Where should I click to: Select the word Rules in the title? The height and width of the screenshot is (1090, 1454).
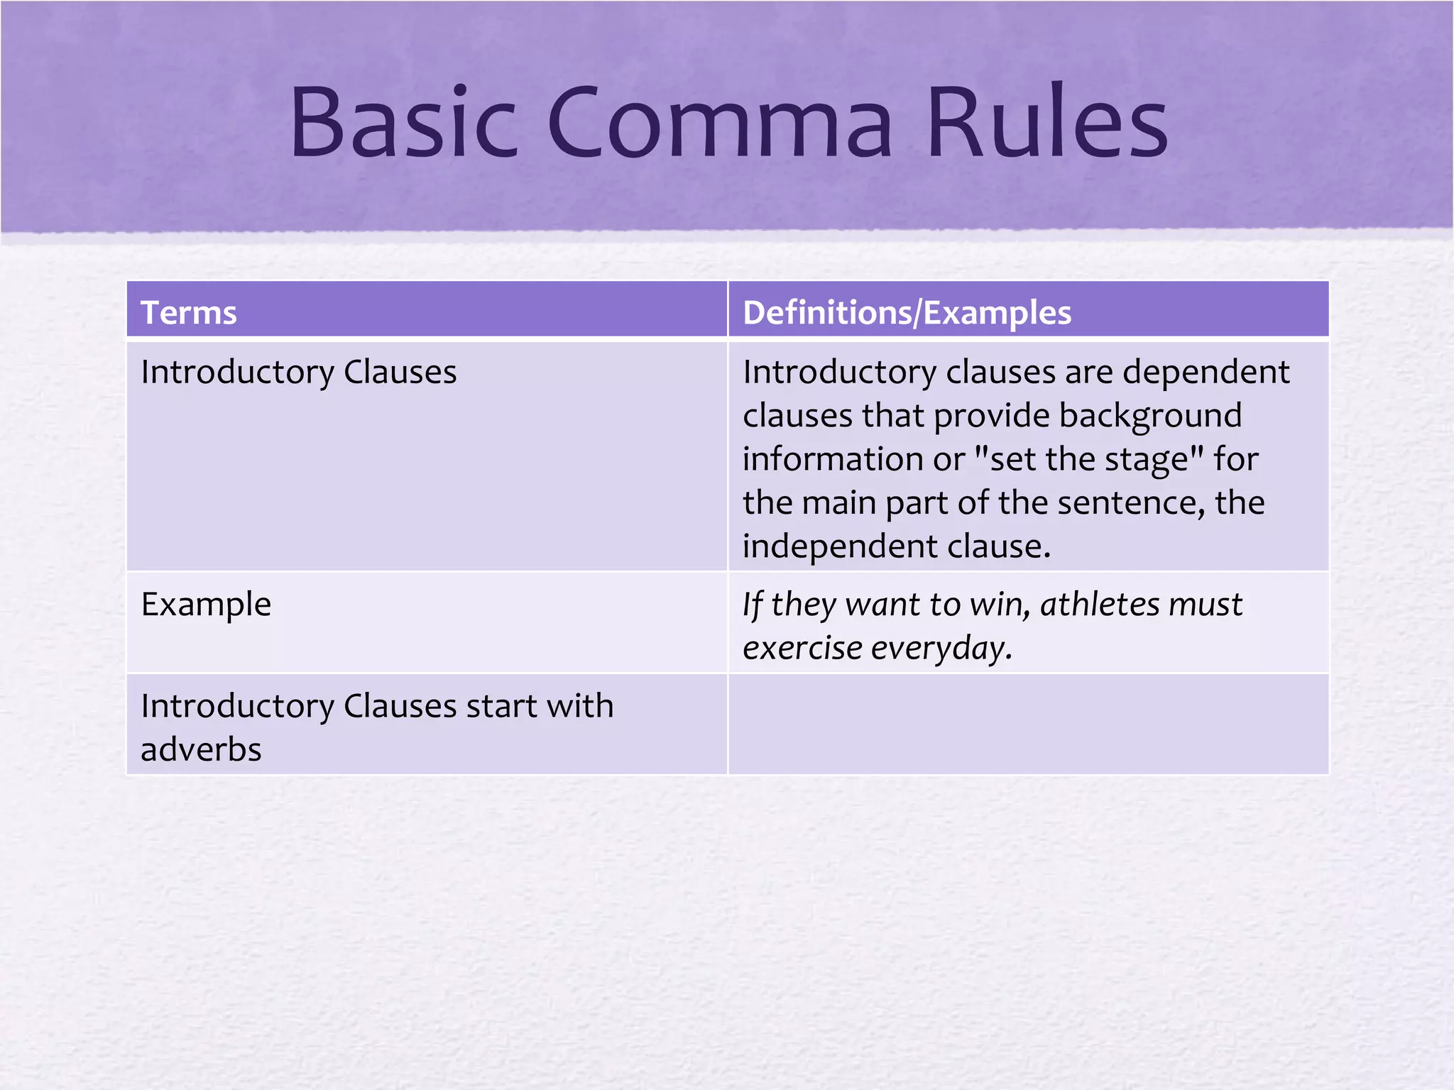click(1046, 122)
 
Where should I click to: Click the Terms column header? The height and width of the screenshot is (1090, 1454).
click(189, 313)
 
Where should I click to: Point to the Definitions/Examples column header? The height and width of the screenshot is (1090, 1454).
click(907, 313)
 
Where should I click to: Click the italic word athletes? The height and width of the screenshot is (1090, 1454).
click(1098, 605)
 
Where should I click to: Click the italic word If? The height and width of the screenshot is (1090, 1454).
click(752, 605)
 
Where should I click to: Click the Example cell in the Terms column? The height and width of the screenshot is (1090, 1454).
click(206, 605)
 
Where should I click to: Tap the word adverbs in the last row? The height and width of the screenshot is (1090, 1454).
click(201, 750)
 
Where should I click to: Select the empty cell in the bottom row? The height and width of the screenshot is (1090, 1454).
click(1028, 725)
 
